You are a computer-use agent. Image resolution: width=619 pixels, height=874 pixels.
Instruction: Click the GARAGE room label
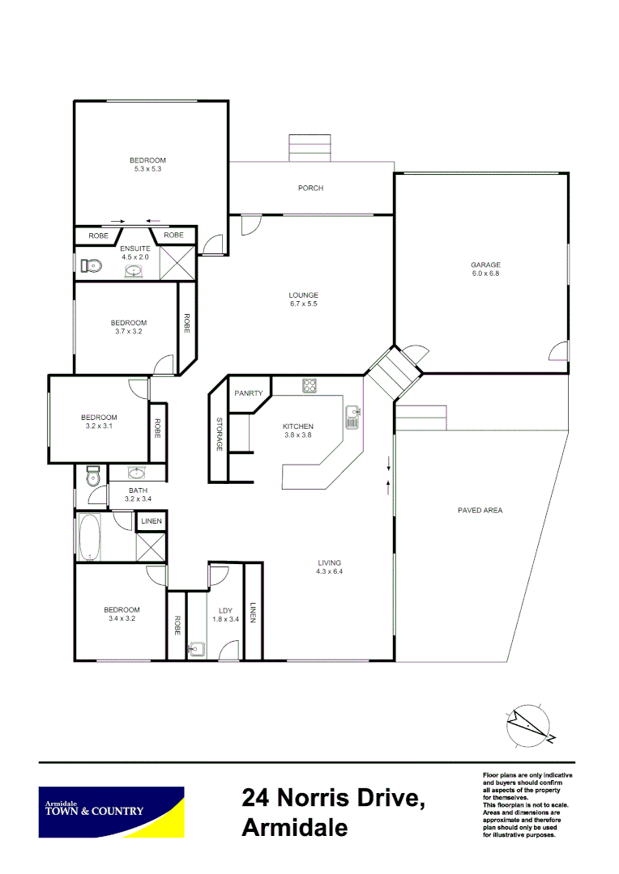pyautogui.click(x=486, y=265)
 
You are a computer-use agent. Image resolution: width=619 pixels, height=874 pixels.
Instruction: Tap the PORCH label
pyautogui.click(x=310, y=188)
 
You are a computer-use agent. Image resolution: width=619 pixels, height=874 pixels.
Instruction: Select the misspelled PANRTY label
pyautogui.click(x=248, y=393)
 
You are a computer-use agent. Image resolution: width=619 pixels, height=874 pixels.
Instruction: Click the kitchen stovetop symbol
pyautogui.click(x=309, y=386)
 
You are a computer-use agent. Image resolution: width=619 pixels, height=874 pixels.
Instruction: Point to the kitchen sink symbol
pyautogui.click(x=352, y=418)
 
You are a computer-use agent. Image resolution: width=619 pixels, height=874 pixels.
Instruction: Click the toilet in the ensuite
pyautogui.click(x=90, y=265)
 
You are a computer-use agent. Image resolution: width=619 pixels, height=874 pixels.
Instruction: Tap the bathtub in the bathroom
pyautogui.click(x=88, y=537)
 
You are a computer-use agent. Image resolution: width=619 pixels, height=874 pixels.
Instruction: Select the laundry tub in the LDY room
pyautogui.click(x=196, y=648)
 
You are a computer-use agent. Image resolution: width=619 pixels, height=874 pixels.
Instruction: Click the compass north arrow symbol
pyautogui.click(x=531, y=723)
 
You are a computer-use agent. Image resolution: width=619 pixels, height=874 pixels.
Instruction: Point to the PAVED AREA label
pyautogui.click(x=480, y=511)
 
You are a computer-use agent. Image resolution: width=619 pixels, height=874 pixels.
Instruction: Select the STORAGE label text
pyautogui.click(x=219, y=434)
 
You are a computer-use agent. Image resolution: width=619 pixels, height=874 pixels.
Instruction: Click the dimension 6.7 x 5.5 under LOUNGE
pyautogui.click(x=304, y=304)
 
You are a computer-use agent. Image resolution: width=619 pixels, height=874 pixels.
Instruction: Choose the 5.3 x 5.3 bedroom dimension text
pyautogui.click(x=148, y=169)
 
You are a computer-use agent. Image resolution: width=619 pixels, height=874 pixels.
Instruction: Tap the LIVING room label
pyautogui.click(x=329, y=562)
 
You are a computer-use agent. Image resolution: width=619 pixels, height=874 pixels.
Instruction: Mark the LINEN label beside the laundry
pyautogui.click(x=253, y=613)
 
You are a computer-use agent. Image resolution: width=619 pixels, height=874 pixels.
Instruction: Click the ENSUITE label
pyautogui.click(x=134, y=248)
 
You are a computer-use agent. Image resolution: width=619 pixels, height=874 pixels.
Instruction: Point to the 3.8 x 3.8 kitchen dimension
pyautogui.click(x=297, y=435)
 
